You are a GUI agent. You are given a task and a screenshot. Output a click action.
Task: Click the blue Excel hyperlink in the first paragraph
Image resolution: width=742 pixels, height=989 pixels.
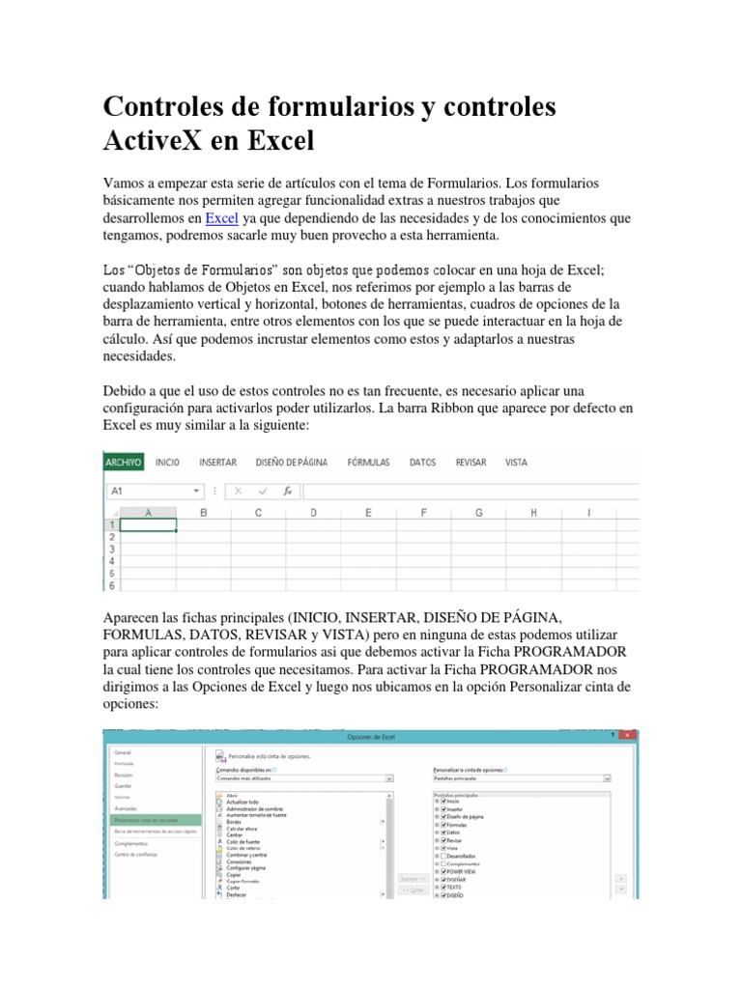[221, 218]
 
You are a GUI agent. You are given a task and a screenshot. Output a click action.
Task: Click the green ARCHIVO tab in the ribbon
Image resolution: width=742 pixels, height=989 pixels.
[124, 463]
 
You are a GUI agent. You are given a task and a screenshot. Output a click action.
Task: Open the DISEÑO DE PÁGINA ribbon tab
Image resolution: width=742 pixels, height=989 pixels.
[291, 463]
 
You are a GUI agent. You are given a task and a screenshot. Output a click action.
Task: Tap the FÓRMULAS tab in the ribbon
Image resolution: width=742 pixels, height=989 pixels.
[368, 463]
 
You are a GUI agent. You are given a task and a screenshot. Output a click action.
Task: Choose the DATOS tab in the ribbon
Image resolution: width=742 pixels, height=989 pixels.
[422, 463]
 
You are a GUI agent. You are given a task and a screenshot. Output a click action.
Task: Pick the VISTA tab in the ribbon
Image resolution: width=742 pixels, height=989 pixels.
[516, 463]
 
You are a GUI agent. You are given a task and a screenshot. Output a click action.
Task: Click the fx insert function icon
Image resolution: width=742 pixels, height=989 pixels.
[287, 491]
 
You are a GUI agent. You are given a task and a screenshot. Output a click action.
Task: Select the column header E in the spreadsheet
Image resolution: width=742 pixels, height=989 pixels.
[368, 513]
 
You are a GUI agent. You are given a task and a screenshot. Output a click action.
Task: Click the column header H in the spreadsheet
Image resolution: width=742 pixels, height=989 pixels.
[533, 513]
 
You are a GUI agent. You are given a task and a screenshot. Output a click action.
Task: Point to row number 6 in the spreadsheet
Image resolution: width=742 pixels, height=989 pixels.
[111, 585]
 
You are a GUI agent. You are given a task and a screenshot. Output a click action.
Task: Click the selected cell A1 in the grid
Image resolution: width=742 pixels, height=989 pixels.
[148, 525]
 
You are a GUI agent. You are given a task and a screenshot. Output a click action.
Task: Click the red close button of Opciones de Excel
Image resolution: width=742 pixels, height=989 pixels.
[628, 736]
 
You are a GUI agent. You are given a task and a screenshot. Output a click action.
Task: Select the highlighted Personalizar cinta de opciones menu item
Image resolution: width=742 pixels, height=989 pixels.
[148, 819]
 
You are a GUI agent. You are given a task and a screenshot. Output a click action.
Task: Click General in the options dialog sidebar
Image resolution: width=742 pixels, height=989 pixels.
[123, 751]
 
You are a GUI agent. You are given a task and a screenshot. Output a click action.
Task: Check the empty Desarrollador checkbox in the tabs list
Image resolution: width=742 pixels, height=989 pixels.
[442, 856]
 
